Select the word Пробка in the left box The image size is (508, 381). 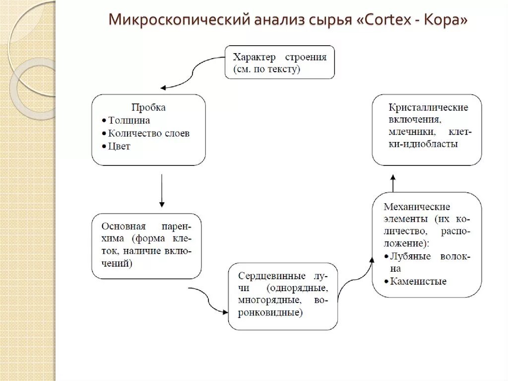(x=148, y=107)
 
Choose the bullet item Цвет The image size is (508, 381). (x=119, y=147)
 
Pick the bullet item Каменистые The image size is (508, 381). (x=418, y=282)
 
